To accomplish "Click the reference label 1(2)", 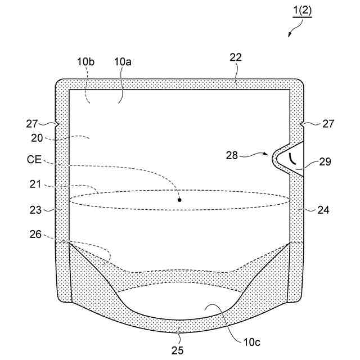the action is (302, 11).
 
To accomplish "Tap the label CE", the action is (33, 160).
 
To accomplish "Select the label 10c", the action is (251, 341).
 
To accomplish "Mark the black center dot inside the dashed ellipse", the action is (179, 199).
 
